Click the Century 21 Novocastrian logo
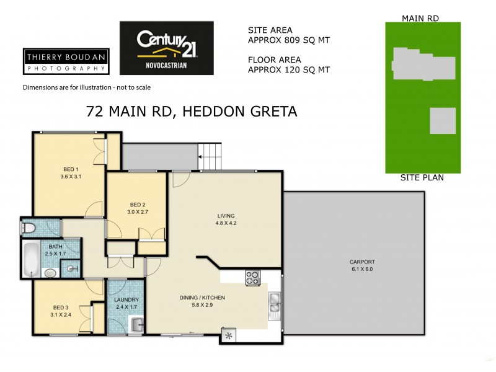click(x=166, y=48)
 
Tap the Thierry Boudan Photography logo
click(x=65, y=61)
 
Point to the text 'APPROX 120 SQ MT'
click(x=288, y=70)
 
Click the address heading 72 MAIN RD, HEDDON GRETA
click(x=191, y=112)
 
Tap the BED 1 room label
click(x=71, y=169)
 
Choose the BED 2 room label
click(x=138, y=205)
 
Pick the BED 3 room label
click(x=61, y=308)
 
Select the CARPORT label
click(x=361, y=262)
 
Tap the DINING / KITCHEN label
click(x=202, y=298)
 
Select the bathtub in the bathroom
click(x=30, y=260)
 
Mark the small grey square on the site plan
click(x=442, y=120)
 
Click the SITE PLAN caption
click(x=422, y=178)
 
